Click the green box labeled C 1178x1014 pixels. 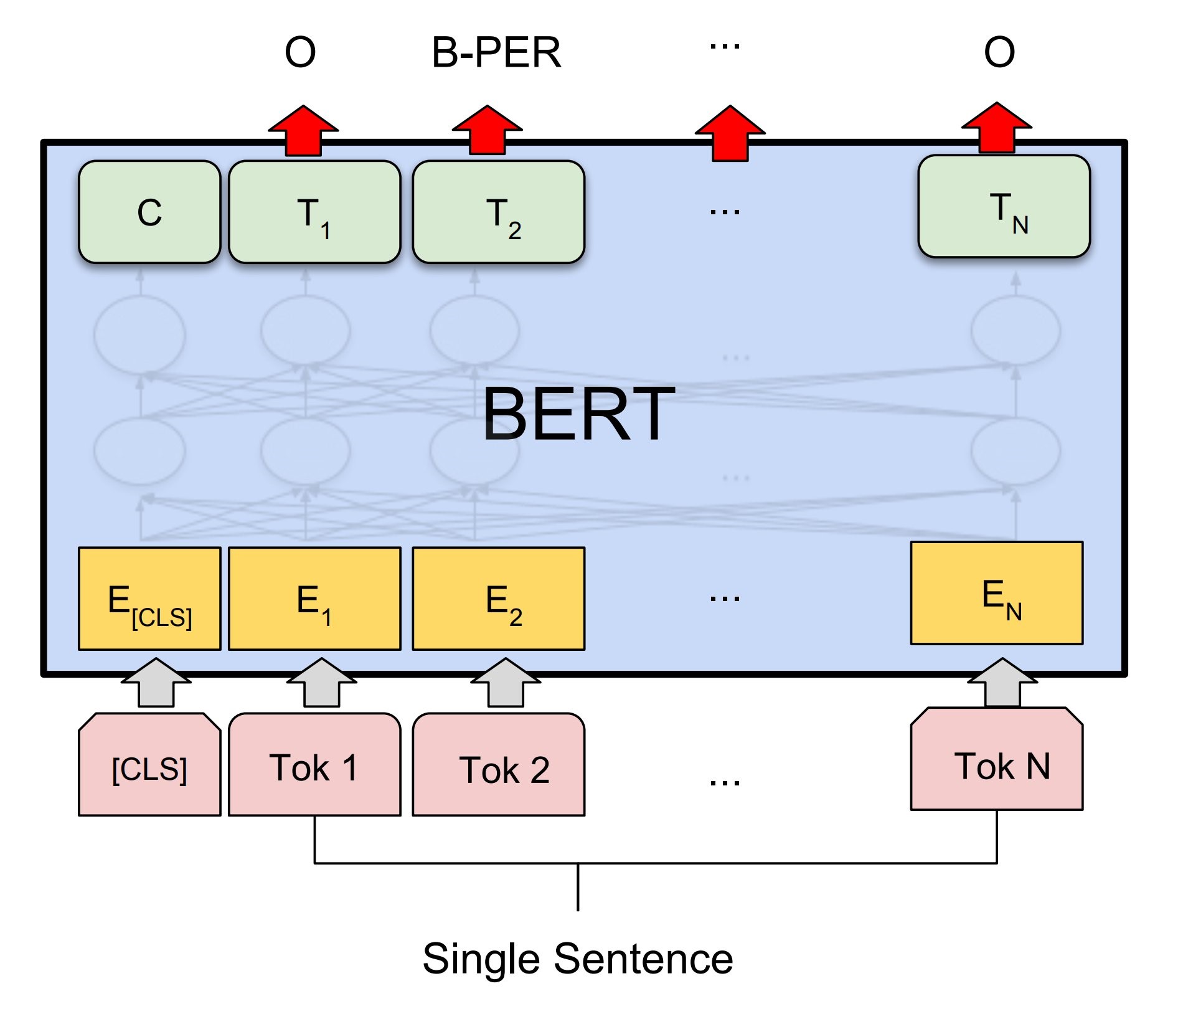click(x=149, y=212)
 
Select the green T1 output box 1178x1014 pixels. click(x=314, y=212)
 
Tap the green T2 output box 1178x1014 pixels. click(x=499, y=212)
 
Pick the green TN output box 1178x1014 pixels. click(x=1004, y=206)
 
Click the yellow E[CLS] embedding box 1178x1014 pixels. click(x=149, y=599)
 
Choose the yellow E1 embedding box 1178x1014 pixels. click(x=314, y=599)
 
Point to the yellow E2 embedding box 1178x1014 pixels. click(x=499, y=599)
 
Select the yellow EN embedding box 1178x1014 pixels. click(x=997, y=593)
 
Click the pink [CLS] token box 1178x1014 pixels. click(x=149, y=764)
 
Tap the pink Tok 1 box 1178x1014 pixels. click(x=314, y=764)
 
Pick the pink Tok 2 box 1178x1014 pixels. click(x=499, y=764)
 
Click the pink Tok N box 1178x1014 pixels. click(x=997, y=759)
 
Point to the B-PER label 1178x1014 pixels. click(x=496, y=52)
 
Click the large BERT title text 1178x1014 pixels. click(x=578, y=414)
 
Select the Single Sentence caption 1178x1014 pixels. click(x=578, y=959)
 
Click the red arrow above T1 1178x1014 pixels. click(x=303, y=131)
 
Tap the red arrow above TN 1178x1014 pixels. click(x=997, y=128)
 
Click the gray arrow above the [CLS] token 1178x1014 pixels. click(x=156, y=683)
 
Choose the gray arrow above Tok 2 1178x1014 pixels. click(x=506, y=683)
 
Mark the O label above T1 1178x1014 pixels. click(x=300, y=52)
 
